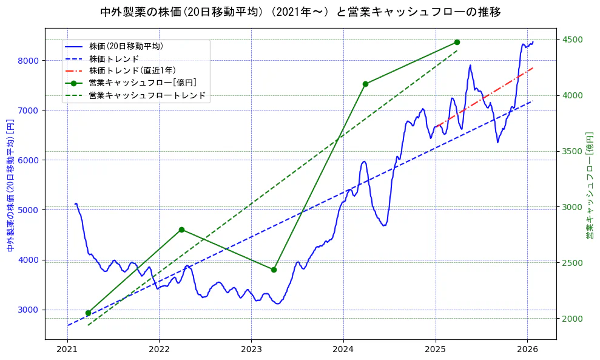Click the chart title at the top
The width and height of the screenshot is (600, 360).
(300, 12)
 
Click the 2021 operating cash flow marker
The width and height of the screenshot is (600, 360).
(88, 313)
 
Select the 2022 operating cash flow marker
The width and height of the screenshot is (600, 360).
(181, 229)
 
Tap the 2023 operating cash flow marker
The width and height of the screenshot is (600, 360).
(274, 270)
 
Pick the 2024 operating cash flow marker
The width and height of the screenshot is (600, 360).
(365, 84)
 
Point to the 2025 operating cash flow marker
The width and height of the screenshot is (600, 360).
(457, 42)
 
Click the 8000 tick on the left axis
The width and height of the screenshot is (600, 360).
(29, 61)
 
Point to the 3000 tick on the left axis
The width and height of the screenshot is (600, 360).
(29, 310)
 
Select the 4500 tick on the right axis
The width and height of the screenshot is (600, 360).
(573, 40)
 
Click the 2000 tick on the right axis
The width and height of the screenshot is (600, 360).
(573, 319)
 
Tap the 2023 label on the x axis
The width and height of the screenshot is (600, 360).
(251, 350)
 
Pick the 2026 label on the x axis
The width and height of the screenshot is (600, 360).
(527, 350)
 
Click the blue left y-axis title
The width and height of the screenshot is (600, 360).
(10, 186)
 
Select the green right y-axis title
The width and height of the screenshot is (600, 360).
(590, 186)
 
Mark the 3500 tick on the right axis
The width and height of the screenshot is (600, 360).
(573, 151)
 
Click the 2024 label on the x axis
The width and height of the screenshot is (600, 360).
(343, 350)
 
